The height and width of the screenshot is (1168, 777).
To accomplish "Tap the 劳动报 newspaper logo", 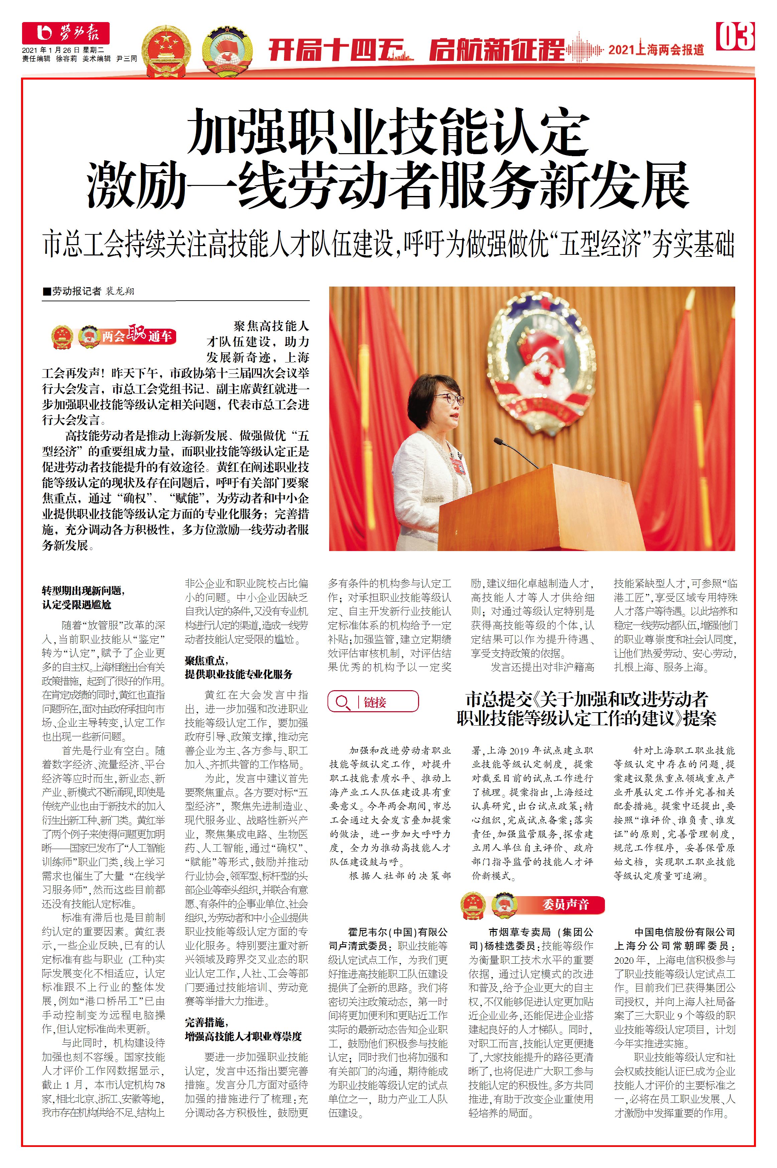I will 66,33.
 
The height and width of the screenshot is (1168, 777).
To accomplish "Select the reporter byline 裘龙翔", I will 119,291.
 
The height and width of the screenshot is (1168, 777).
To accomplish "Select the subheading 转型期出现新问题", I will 83,591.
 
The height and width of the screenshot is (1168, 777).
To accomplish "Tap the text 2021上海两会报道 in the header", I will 656,49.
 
